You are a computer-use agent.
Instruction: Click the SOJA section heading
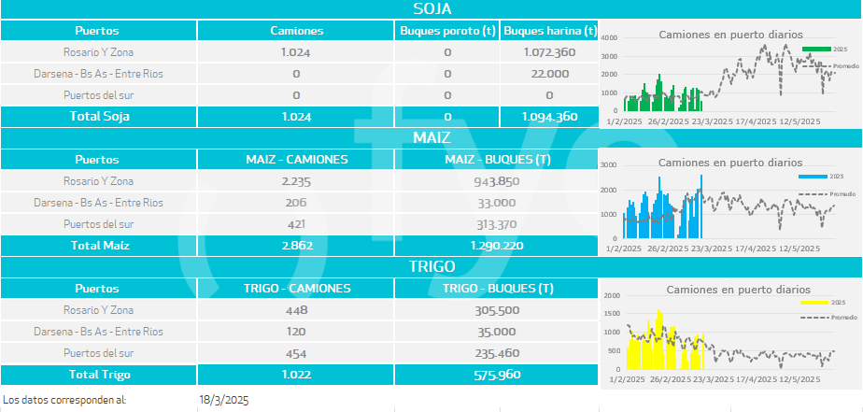click(x=431, y=9)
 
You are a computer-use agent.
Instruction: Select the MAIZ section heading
click(x=431, y=137)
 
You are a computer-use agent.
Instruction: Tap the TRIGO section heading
click(x=431, y=266)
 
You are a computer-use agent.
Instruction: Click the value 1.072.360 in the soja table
click(x=548, y=52)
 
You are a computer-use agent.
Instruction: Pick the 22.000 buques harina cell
click(x=548, y=74)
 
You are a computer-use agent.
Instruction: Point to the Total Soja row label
click(x=97, y=117)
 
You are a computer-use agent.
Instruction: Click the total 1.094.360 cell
click(x=548, y=117)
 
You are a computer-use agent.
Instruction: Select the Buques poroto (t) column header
click(x=447, y=31)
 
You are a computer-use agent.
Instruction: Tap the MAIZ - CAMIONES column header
click(x=296, y=160)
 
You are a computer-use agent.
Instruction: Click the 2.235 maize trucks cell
click(x=296, y=181)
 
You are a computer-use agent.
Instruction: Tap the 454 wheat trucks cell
click(x=296, y=353)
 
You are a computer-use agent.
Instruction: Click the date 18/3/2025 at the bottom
click(x=224, y=400)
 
